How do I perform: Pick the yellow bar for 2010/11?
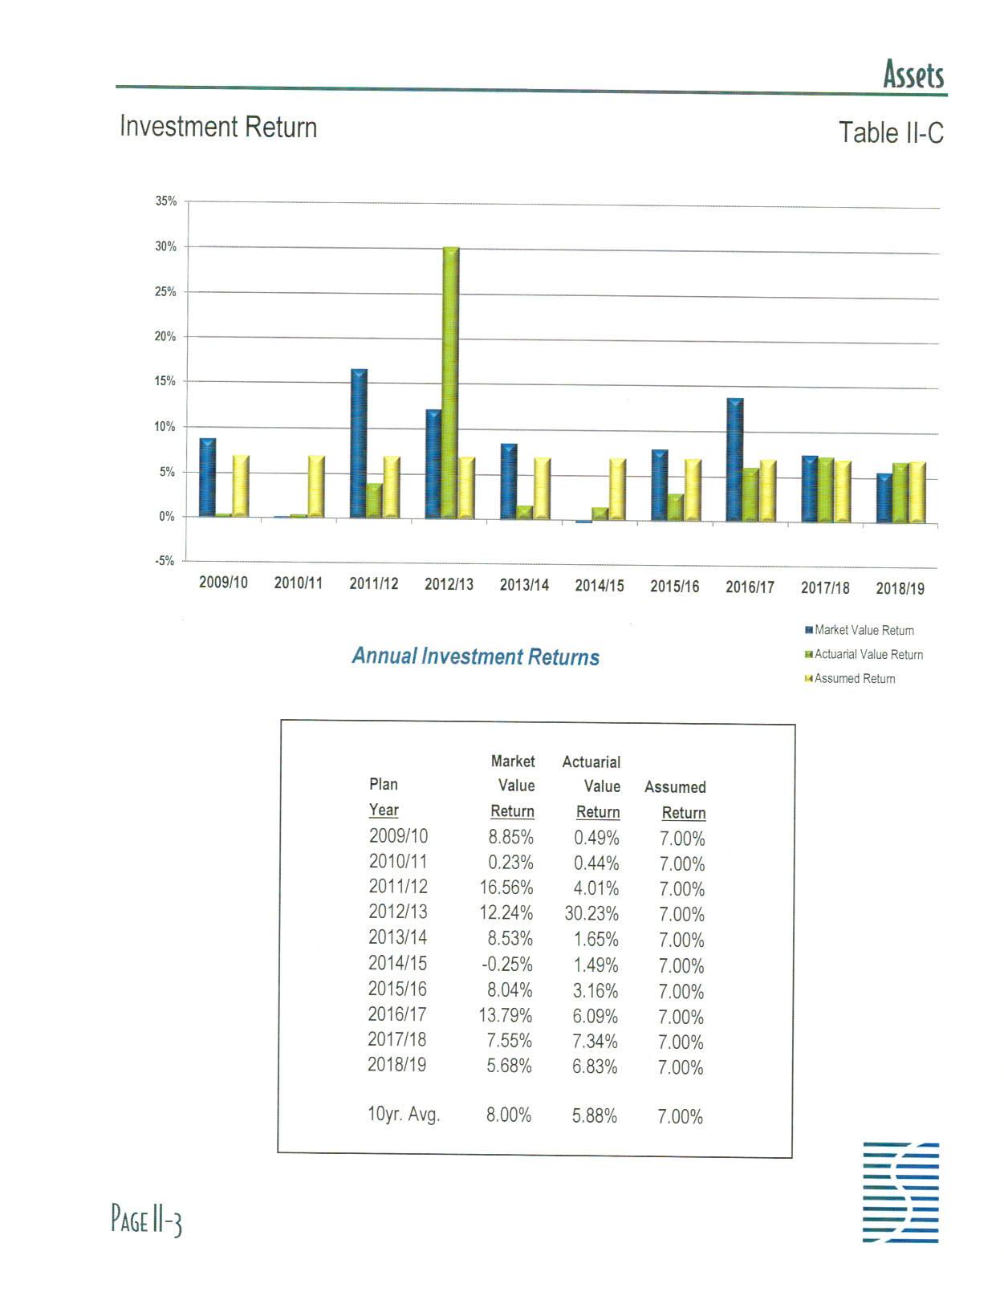(316, 486)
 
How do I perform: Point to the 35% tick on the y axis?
(166, 201)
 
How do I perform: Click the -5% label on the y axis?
(165, 561)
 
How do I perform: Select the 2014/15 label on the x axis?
(599, 586)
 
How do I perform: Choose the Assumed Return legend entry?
(854, 679)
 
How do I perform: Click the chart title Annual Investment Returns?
(475, 657)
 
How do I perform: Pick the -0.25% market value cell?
(506, 965)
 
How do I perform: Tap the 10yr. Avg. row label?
(404, 1115)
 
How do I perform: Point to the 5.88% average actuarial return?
(594, 1116)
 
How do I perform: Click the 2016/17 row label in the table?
(397, 1014)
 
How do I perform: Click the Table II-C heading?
(891, 132)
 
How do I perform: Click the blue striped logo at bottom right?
(900, 1192)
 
